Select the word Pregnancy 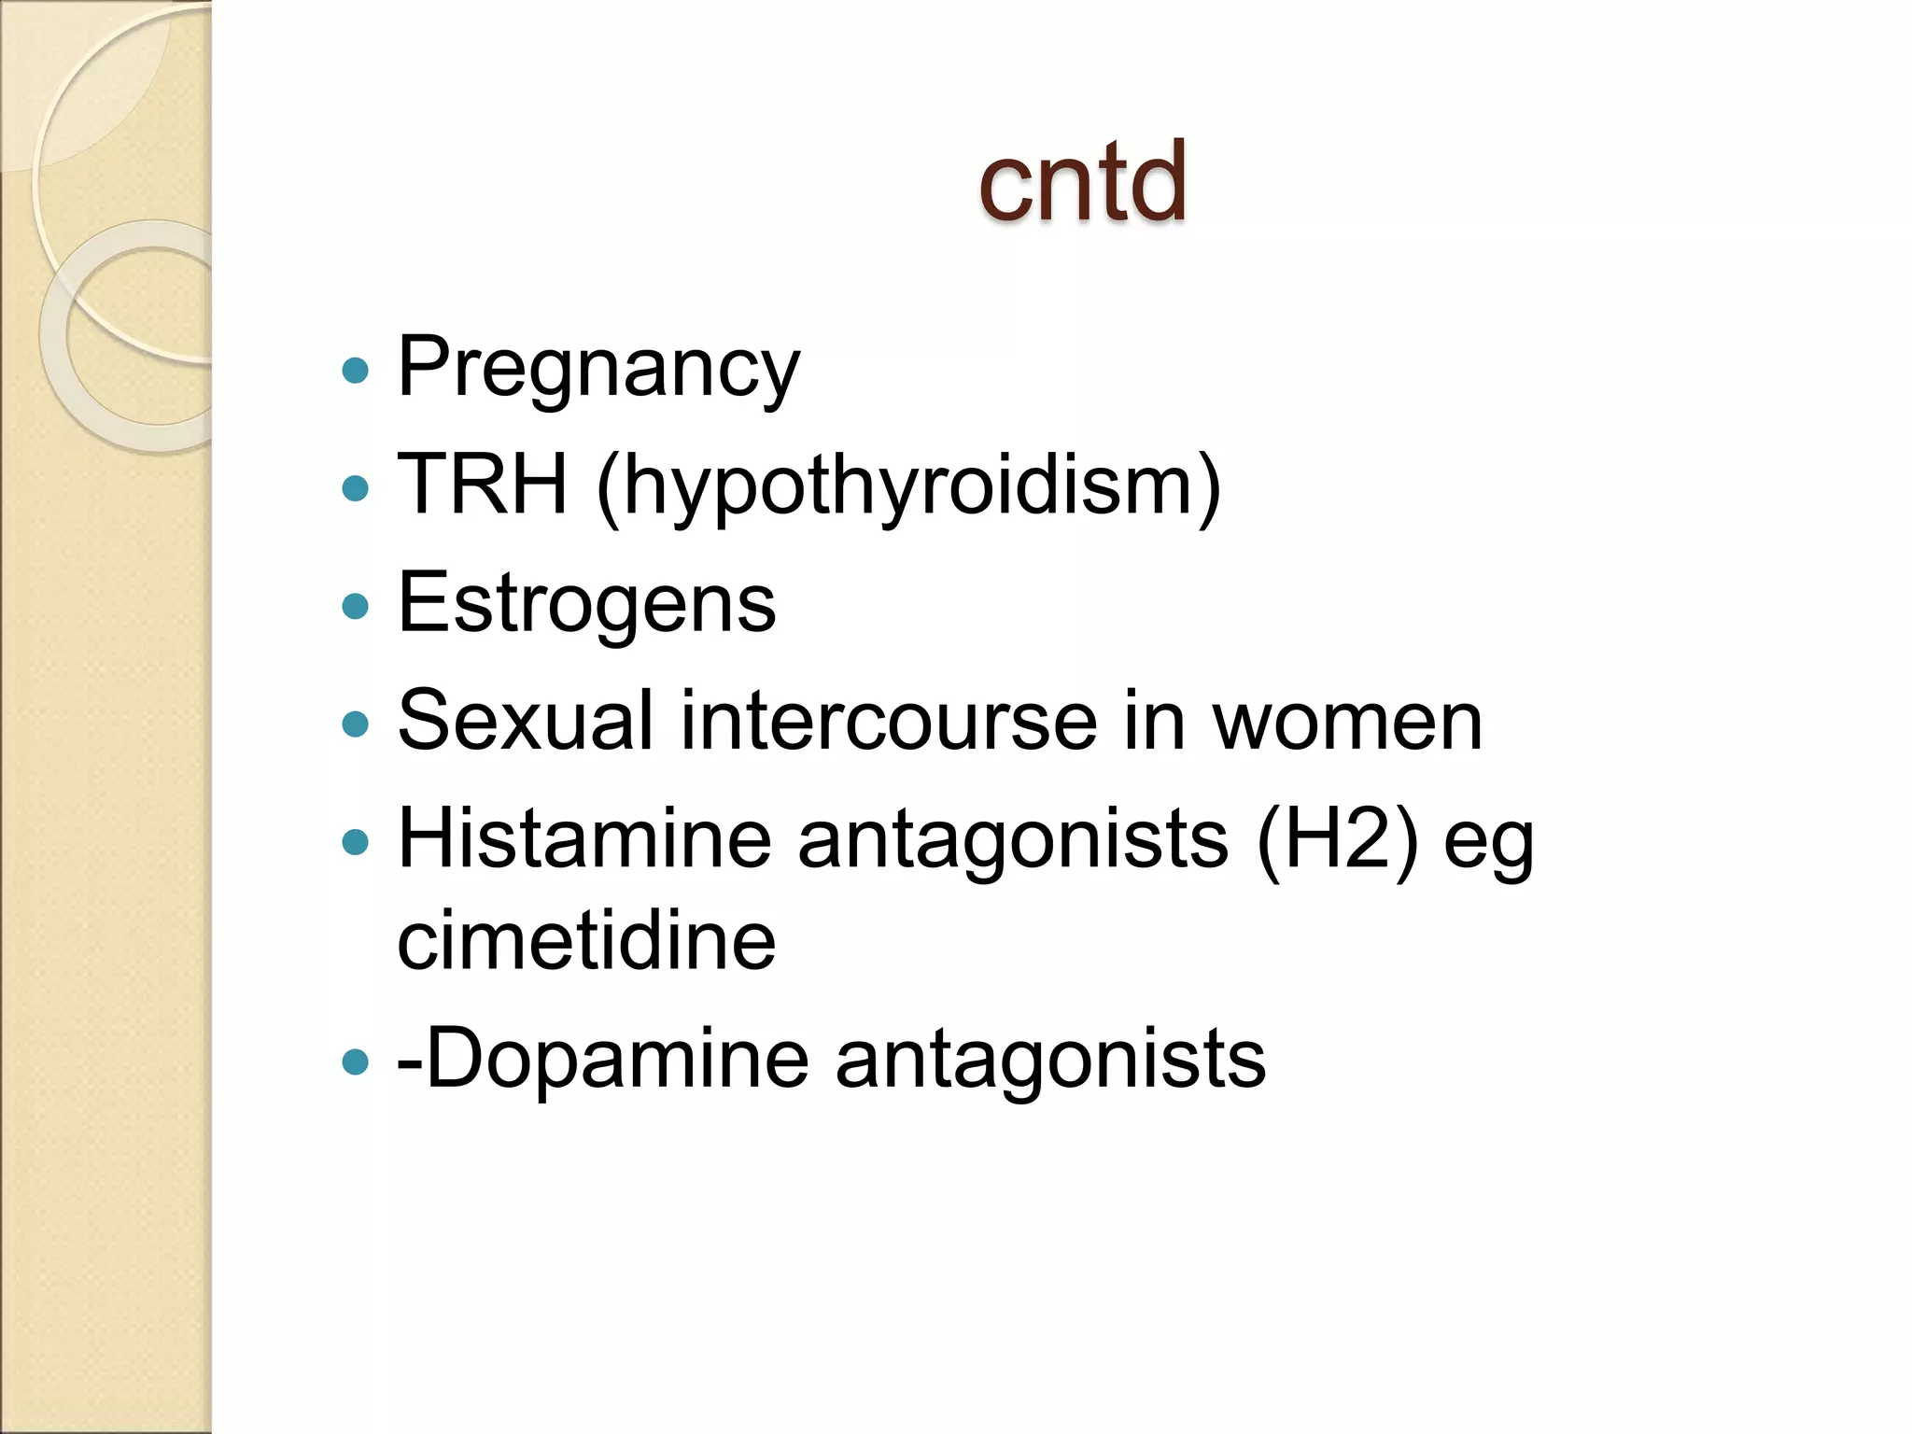coord(598,368)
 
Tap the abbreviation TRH coord(482,485)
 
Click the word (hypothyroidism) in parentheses coord(908,487)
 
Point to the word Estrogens coord(586,604)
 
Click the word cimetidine coord(586,941)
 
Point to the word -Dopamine coord(602,1060)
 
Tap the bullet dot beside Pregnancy coord(356,372)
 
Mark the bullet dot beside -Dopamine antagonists coord(356,1061)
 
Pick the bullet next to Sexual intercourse coord(356,724)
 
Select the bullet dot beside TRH coord(356,488)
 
